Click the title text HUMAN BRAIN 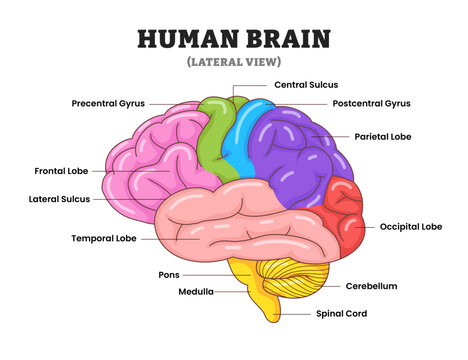[x=233, y=39]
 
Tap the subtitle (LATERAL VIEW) [x=233, y=63]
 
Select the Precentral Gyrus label [x=109, y=103]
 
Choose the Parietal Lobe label [x=384, y=136]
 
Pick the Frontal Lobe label [x=63, y=171]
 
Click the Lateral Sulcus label [x=59, y=199]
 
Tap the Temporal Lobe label [x=104, y=239]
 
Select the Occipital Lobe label [x=410, y=227]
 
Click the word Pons [x=169, y=274]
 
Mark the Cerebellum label [x=372, y=286]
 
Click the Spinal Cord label [x=343, y=313]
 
